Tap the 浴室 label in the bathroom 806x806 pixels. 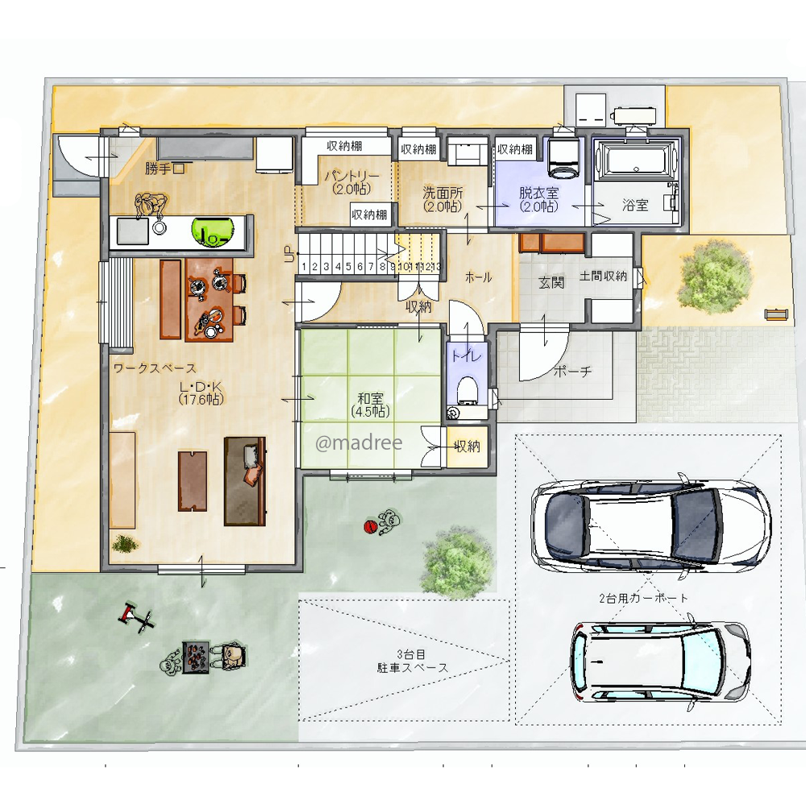[x=635, y=205]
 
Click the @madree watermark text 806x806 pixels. [x=359, y=442]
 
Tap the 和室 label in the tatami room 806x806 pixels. [x=370, y=398]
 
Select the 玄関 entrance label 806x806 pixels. [x=551, y=282]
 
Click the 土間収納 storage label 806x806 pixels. [x=604, y=276]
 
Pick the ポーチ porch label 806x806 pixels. [x=572, y=371]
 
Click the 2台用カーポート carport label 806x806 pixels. [x=643, y=598]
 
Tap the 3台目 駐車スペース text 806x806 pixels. [x=412, y=661]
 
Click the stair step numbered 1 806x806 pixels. [x=305, y=267]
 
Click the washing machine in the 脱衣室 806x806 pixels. [x=563, y=157]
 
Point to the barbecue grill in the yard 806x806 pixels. [x=196, y=656]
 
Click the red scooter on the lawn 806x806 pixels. [x=136, y=618]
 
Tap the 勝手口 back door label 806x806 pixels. [x=164, y=168]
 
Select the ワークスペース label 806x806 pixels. [x=155, y=368]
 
